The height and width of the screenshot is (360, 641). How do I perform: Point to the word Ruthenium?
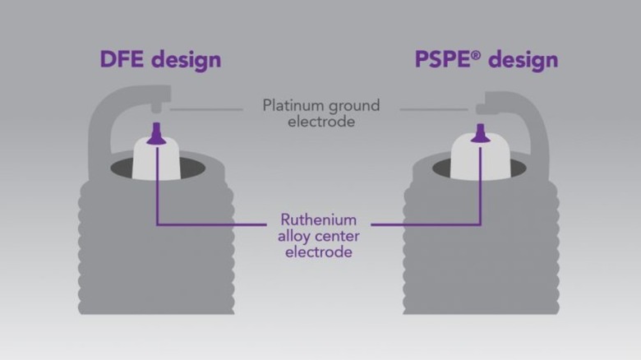pyautogui.click(x=319, y=220)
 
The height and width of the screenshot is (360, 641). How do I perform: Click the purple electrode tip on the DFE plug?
pyautogui.click(x=155, y=132)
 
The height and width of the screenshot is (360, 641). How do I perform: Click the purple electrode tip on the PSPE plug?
pyautogui.click(x=480, y=132)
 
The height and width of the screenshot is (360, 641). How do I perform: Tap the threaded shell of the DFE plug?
pyautogui.click(x=156, y=255)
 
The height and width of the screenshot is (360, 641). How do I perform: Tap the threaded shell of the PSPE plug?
pyautogui.click(x=481, y=255)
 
